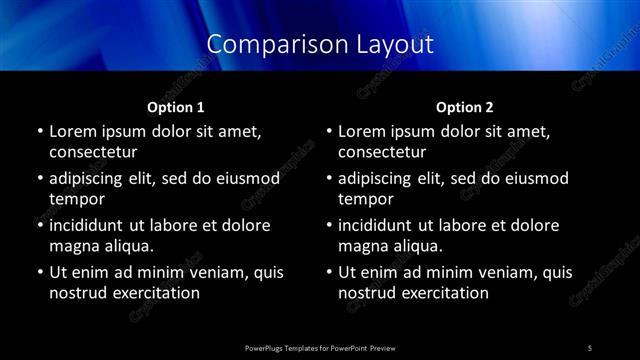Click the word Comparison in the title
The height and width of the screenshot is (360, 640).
tap(265, 45)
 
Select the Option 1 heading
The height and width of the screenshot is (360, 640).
tap(176, 107)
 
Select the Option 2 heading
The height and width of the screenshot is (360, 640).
tap(465, 107)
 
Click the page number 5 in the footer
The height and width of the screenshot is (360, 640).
tap(590, 347)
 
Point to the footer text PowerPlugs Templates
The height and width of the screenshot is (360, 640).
tap(290, 347)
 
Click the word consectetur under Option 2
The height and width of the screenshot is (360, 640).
tap(382, 152)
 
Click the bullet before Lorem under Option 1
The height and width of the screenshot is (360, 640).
tap(39, 132)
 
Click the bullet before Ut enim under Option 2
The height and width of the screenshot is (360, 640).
tap(329, 272)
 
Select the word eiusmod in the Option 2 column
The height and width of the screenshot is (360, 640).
tap(536, 178)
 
